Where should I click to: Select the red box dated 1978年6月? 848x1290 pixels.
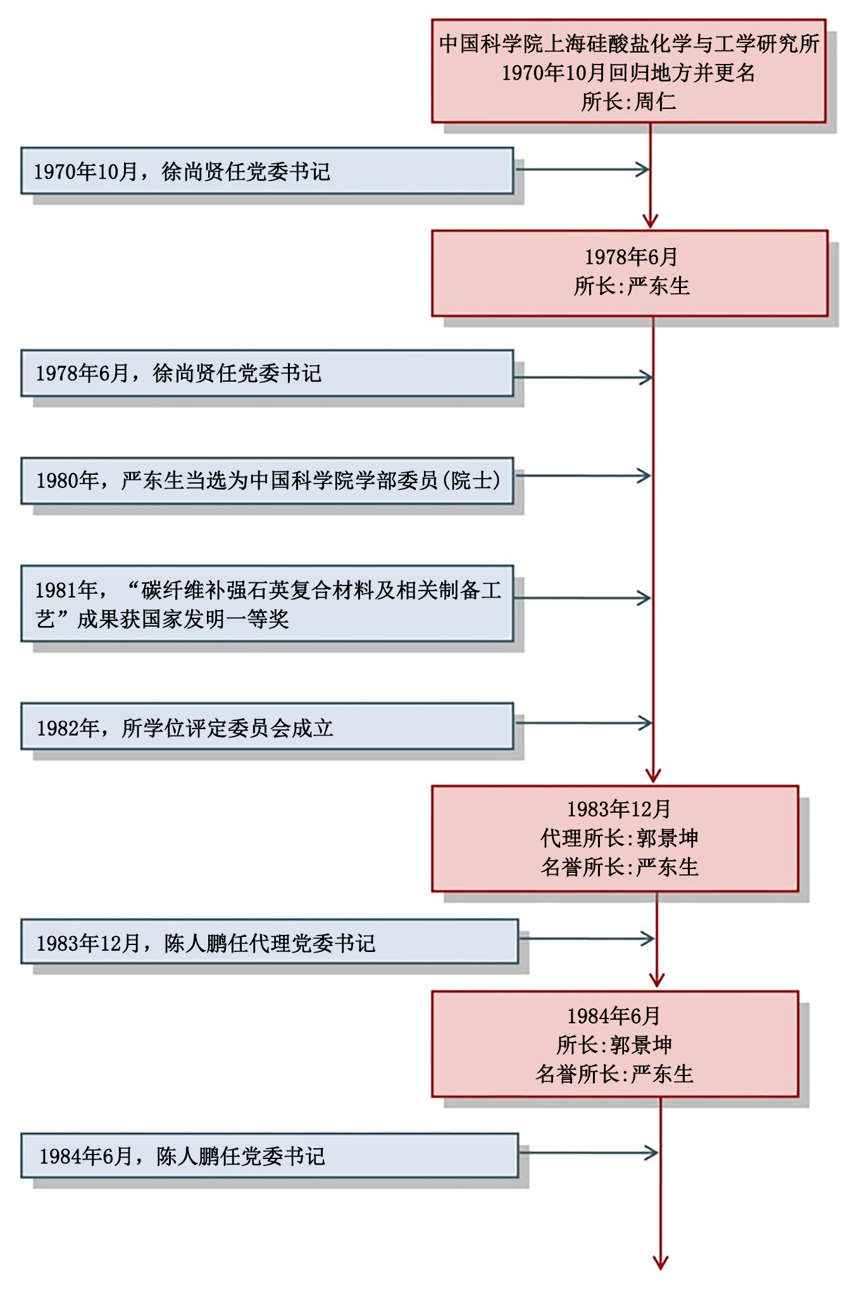(629, 273)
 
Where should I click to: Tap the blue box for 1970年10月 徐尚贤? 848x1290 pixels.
(266, 171)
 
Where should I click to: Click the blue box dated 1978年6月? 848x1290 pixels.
(266, 373)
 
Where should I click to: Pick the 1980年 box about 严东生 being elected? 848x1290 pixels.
(266, 481)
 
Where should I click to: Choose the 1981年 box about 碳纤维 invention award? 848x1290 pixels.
(266, 604)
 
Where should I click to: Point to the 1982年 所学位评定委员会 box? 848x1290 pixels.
(266, 727)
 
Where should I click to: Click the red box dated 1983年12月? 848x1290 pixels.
(614, 838)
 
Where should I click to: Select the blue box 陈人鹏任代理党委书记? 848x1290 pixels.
(269, 942)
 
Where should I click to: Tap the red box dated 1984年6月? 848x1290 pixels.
(614, 1044)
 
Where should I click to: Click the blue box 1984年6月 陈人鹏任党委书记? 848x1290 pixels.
(269, 1156)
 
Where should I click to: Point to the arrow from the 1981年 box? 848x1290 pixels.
(582, 598)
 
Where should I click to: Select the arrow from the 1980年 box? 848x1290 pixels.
(582, 476)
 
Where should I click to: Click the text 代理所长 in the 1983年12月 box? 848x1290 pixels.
(583, 838)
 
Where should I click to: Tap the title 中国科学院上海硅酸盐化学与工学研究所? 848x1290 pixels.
(629, 44)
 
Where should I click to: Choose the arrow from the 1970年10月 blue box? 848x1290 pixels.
(582, 170)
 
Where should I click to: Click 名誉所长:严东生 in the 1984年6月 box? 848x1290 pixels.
(614, 1074)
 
